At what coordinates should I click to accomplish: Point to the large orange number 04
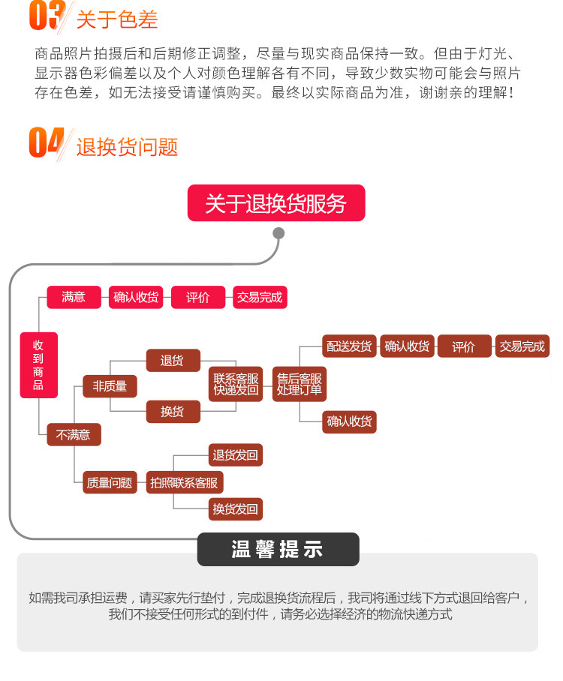(46, 142)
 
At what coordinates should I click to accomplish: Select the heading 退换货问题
(127, 147)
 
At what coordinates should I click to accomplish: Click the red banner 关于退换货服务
(275, 203)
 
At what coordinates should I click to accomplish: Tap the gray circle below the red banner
(278, 233)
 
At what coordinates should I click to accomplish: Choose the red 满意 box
(74, 297)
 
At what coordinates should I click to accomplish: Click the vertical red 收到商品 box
(38, 365)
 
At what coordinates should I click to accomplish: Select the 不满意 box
(74, 434)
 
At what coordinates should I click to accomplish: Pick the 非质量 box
(110, 386)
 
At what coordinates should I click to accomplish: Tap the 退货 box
(173, 361)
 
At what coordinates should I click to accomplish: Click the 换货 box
(173, 411)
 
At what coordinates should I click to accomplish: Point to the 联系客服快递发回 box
(236, 384)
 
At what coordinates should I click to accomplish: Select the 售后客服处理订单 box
(299, 384)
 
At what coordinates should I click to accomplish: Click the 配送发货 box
(349, 346)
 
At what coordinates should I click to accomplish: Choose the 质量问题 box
(110, 482)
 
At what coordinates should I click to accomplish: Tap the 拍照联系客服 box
(184, 482)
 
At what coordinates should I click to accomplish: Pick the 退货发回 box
(236, 455)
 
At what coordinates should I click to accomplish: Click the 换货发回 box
(236, 509)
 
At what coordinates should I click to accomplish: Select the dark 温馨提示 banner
(278, 550)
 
